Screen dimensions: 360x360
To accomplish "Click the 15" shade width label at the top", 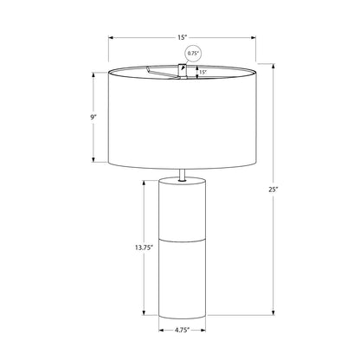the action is coord(183,37).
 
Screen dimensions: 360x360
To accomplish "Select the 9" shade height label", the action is coord(93,117).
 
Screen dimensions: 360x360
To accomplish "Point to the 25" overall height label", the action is coord(273,190).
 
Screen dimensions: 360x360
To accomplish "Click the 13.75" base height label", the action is coord(144,247).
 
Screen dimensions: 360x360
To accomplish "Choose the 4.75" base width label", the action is coord(182,330).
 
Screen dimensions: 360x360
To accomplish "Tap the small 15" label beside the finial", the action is coord(203,73).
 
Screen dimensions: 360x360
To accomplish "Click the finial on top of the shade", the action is coord(183,71).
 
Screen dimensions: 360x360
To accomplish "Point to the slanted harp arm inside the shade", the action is coord(163,72).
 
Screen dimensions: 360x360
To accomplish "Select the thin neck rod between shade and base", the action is coord(182,175).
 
